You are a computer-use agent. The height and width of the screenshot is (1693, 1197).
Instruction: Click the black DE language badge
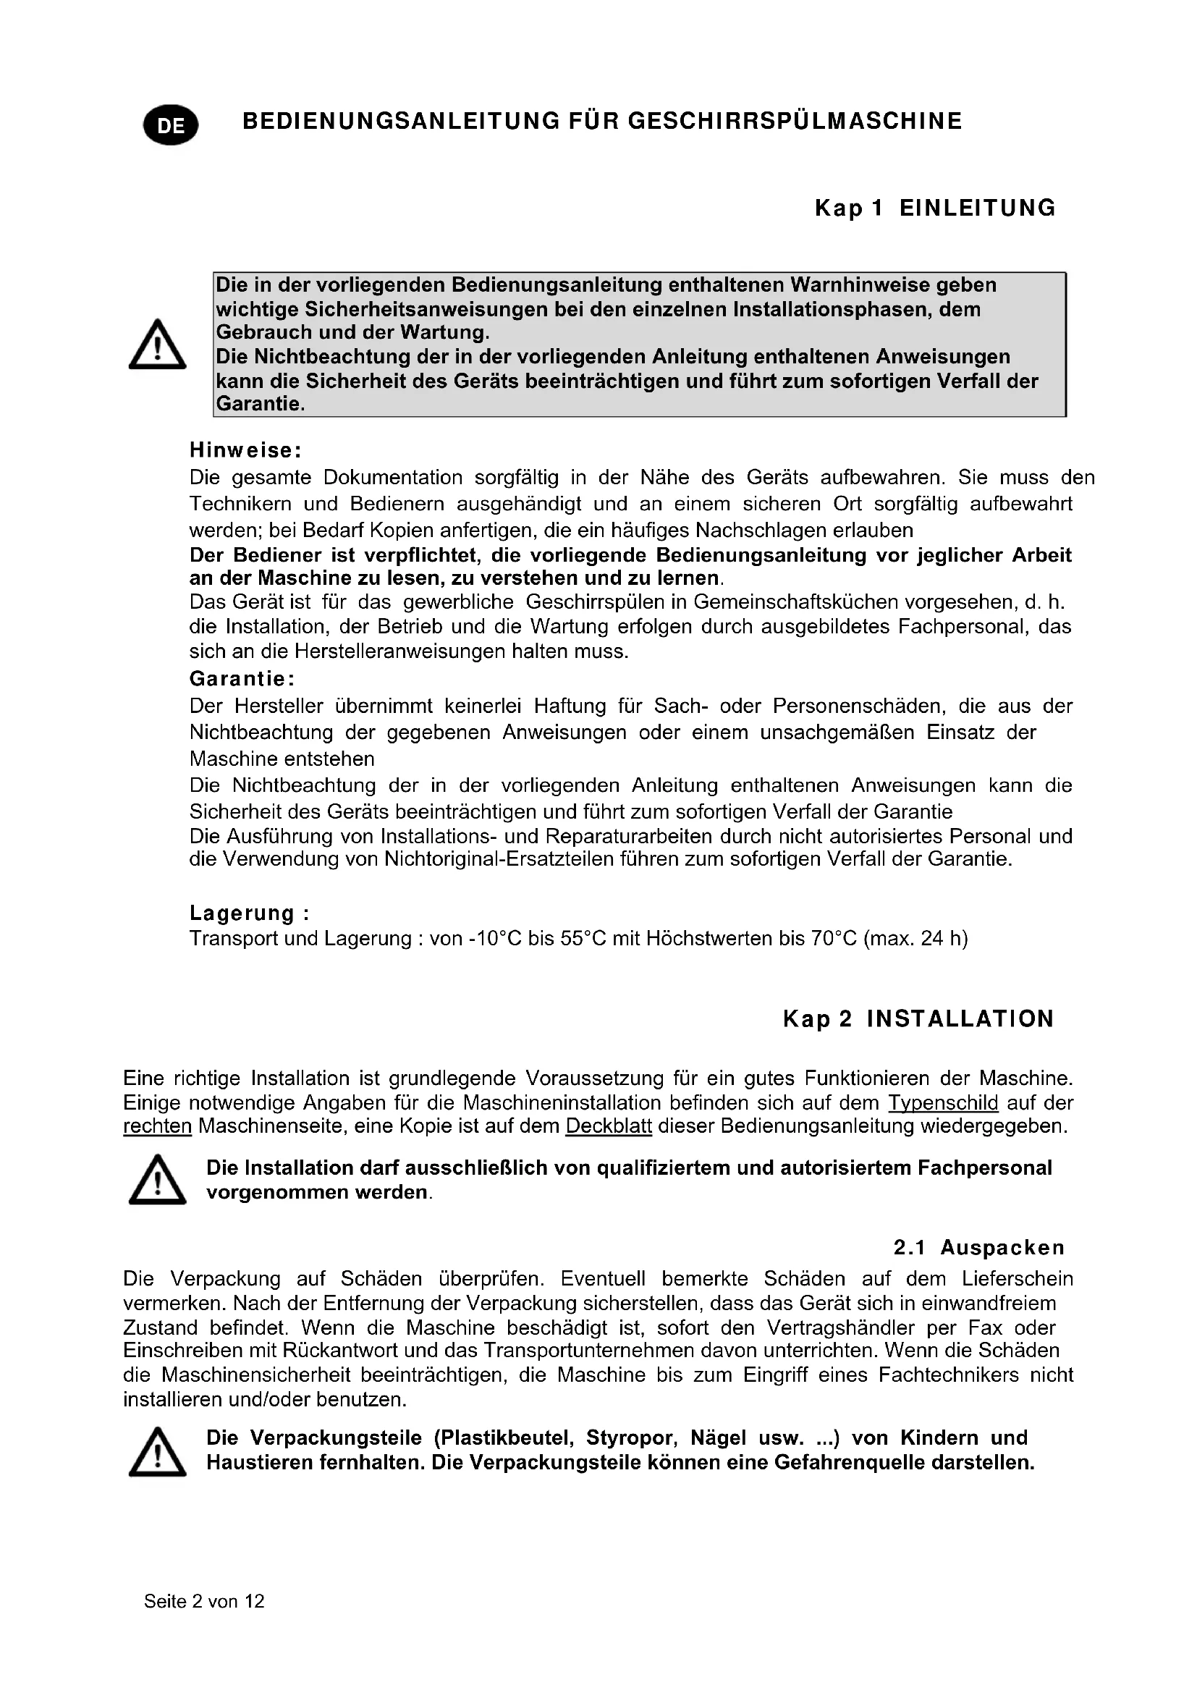point(171,125)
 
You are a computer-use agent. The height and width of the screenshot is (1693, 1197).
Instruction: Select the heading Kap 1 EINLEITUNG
point(934,208)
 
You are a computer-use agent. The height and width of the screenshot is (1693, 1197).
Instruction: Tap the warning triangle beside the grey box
point(157,345)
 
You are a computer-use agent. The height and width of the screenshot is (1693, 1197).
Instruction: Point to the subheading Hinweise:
point(245,449)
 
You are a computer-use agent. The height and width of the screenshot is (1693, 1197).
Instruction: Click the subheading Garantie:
point(242,678)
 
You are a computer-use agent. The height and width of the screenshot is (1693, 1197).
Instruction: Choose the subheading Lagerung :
point(249,913)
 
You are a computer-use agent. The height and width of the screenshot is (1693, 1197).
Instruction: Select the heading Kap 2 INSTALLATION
point(918,1019)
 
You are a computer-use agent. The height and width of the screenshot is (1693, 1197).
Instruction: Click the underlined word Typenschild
point(943,1103)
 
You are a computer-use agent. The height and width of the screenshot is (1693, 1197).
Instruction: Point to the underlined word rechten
point(157,1127)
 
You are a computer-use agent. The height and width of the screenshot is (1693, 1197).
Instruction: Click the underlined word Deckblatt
point(608,1127)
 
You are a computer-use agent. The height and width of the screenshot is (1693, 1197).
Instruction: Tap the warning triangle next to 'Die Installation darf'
point(157,1181)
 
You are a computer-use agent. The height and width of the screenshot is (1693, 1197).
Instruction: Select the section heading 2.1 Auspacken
point(979,1248)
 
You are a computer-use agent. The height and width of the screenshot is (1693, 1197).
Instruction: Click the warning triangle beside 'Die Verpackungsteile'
point(157,1452)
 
